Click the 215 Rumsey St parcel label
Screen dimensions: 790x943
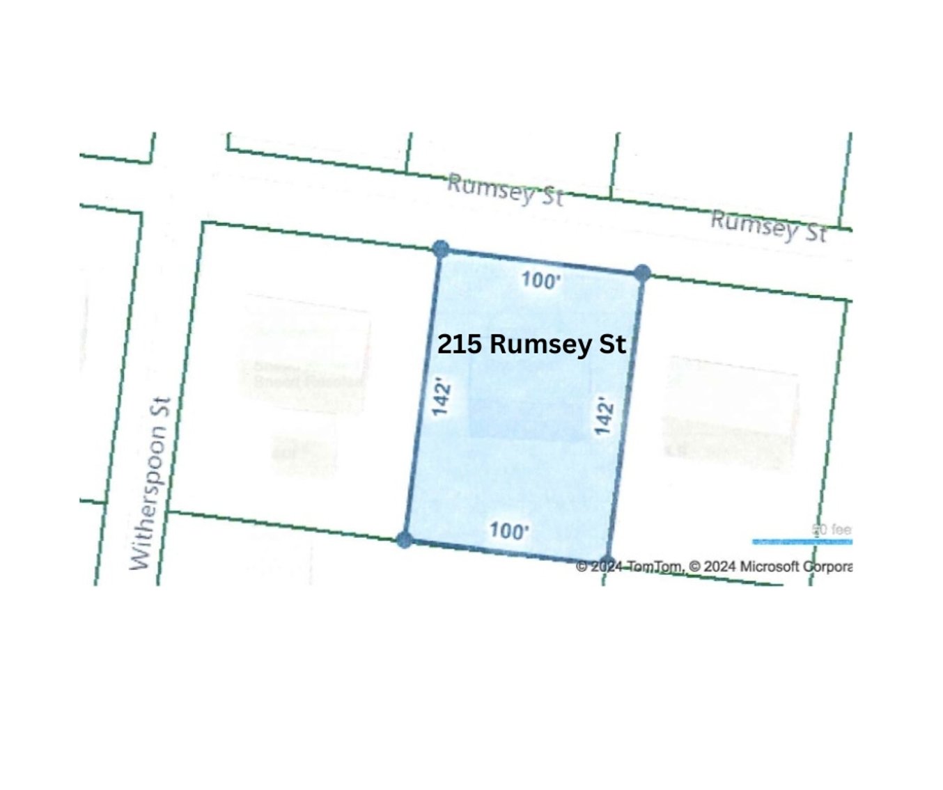(531, 344)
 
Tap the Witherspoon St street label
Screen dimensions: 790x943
(150, 484)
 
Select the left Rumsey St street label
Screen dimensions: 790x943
(504, 189)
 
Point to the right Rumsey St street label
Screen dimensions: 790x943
(768, 226)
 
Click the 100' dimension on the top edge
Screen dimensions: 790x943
(540, 281)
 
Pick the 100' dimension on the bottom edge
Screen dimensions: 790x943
(508, 531)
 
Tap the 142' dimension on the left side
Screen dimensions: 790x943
(442, 397)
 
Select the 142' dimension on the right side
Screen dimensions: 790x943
(603, 416)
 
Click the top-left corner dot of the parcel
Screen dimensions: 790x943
(440, 248)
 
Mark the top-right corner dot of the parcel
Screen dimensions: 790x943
(642, 273)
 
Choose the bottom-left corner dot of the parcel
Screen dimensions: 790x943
(404, 539)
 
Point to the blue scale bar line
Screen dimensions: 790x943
(802, 542)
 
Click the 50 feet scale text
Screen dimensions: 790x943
(832, 530)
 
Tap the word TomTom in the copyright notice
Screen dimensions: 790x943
(655, 567)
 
